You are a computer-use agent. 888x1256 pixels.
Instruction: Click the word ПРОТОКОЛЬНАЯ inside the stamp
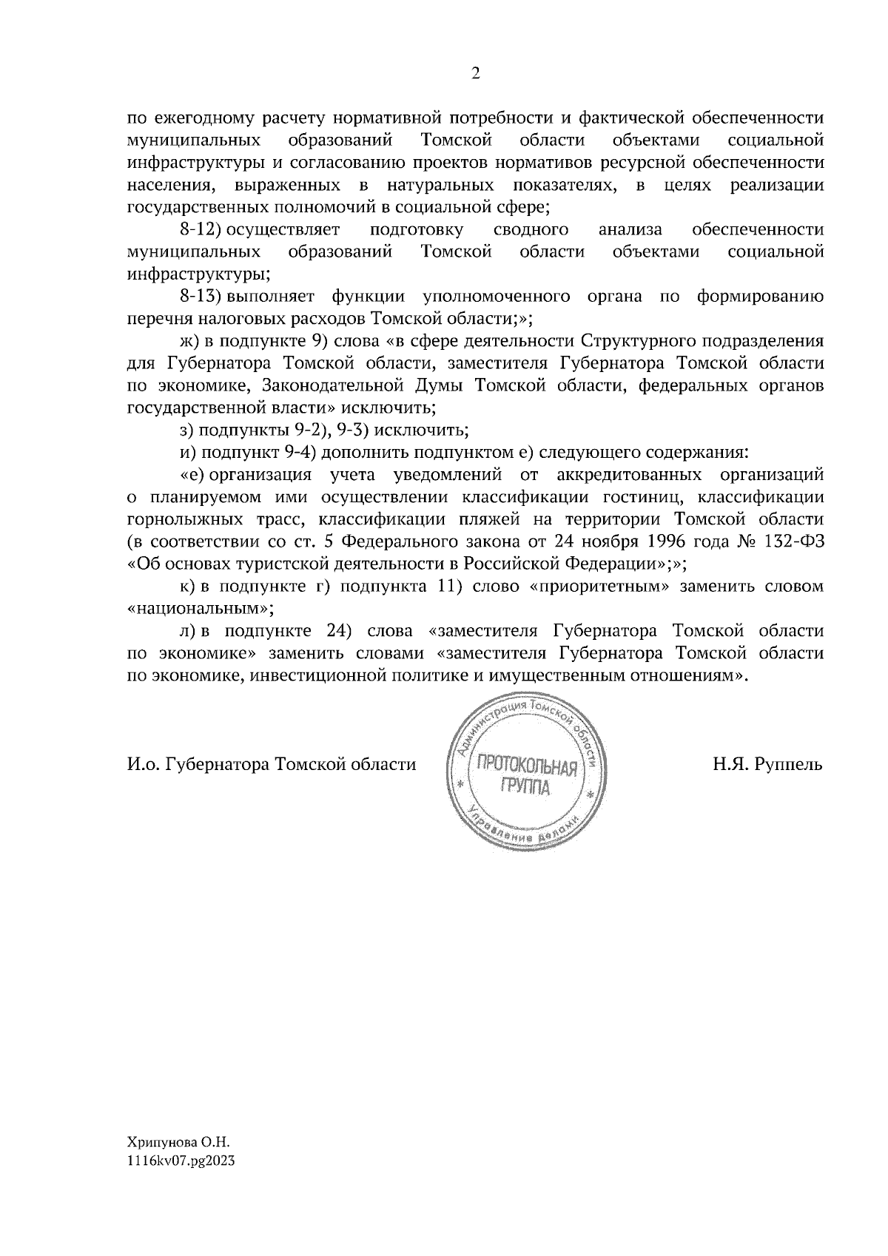(x=526, y=767)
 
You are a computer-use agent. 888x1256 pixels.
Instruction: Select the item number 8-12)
(x=201, y=230)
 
